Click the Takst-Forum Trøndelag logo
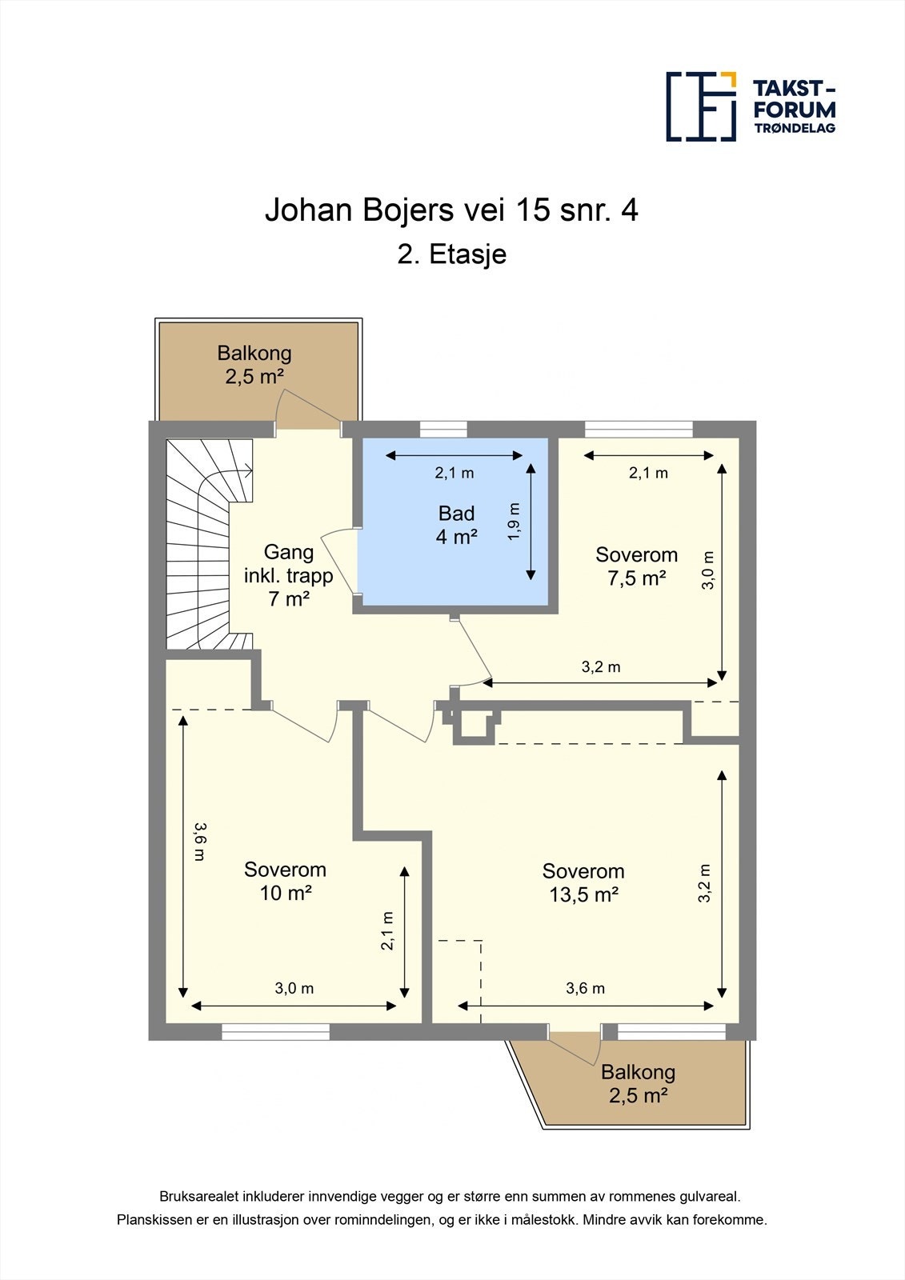point(751,106)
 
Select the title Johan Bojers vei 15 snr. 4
point(451,210)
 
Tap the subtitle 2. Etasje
point(451,254)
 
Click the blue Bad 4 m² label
point(456,525)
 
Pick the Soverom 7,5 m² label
point(636,566)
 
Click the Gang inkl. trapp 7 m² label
point(289,575)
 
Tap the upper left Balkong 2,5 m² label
point(254,365)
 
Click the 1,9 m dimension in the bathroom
point(514,522)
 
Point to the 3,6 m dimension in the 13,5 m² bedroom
point(586,988)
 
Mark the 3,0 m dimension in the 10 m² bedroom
point(294,988)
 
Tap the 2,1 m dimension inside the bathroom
point(455,473)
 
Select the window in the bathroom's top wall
point(443,429)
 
